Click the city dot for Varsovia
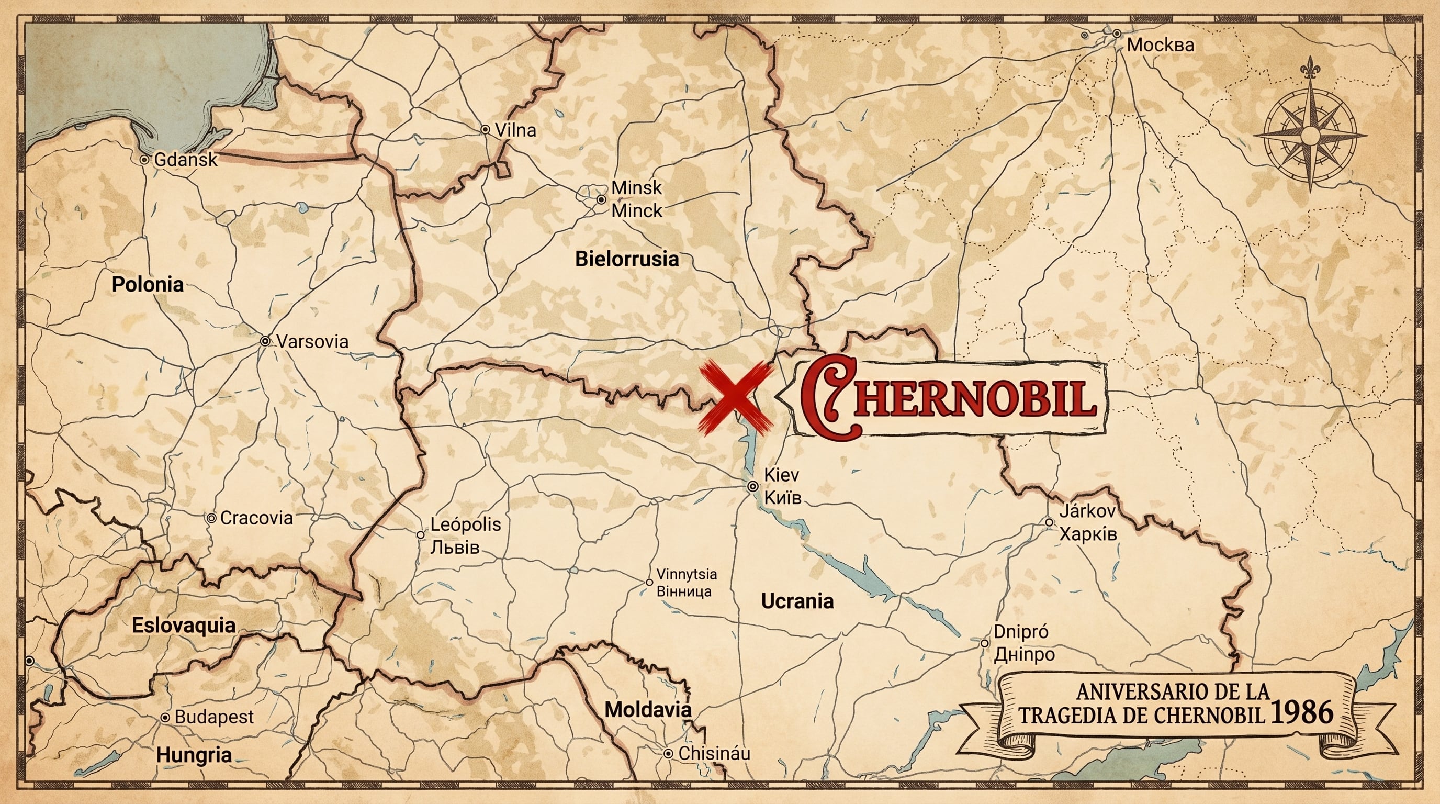[x=265, y=341]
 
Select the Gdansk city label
[x=186, y=160]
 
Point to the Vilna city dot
[x=485, y=130]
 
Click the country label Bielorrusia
[x=627, y=260]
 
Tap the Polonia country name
[x=148, y=285]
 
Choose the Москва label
[x=1160, y=46]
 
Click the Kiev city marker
[x=753, y=486]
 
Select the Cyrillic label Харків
[x=1088, y=534]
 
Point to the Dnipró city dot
[x=984, y=643]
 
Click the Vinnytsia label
[x=687, y=574]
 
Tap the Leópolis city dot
[x=420, y=535]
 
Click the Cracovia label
[x=256, y=518]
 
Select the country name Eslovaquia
[x=183, y=626]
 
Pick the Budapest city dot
[x=165, y=717]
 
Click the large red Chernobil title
[x=948, y=399]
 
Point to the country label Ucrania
[x=797, y=601]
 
